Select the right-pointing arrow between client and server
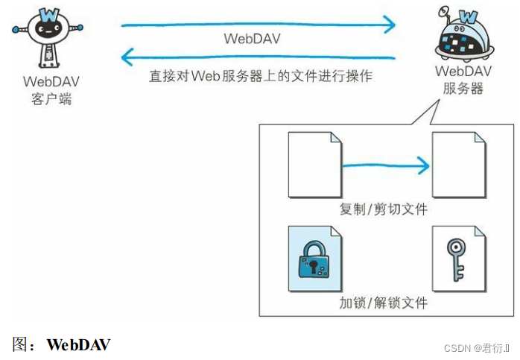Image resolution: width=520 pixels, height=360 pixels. tap(258, 25)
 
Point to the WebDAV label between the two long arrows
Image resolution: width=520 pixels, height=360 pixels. tap(252, 40)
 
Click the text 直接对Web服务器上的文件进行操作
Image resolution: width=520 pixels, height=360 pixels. tap(260, 76)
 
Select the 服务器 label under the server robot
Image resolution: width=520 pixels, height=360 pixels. tap(463, 89)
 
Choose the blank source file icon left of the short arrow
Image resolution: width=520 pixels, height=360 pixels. tap(314, 165)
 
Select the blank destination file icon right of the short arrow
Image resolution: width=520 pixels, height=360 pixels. tap(457, 165)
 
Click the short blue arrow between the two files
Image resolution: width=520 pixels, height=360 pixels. tap(386, 165)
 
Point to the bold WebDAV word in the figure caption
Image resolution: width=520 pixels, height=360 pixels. tap(79, 345)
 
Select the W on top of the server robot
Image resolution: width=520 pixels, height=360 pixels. tap(470, 17)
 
